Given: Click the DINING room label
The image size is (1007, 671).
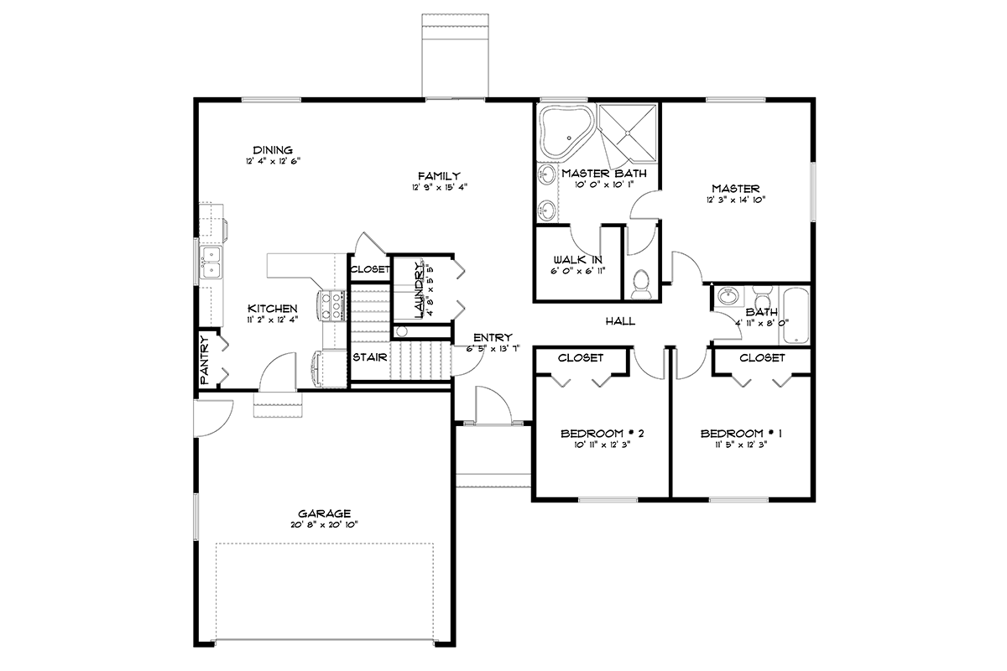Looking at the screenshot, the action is coord(273,150).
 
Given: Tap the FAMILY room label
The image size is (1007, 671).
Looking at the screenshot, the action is coord(439,176).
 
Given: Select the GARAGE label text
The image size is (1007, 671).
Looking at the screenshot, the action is coord(324,513).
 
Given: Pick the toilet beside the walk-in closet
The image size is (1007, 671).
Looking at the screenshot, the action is coord(640,284).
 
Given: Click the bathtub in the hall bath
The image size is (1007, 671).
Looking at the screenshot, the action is coord(796,315).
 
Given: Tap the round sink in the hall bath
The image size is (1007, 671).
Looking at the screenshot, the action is coord(727,297).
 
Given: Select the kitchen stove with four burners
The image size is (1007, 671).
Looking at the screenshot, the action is coord(332,305).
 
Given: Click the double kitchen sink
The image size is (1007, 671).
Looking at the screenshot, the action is coord(211,263).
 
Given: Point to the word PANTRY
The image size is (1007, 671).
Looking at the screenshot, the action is coord(205,360).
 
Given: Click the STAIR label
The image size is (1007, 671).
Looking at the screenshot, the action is coord(369,357).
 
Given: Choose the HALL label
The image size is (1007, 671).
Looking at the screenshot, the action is coord(620,321).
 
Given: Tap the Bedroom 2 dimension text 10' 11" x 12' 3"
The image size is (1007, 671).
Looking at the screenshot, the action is coord(603,445).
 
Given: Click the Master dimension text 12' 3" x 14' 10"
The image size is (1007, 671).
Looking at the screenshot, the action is coord(735,200).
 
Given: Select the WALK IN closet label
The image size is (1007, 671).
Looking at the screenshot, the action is coord(577,260).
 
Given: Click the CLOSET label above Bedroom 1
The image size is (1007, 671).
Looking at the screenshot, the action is coord(762,358).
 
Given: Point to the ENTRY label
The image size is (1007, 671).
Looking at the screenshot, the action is coord(493,337).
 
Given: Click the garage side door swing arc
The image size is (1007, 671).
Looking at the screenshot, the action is coord(224,424).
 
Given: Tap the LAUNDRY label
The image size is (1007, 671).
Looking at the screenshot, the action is coord(419,290).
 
